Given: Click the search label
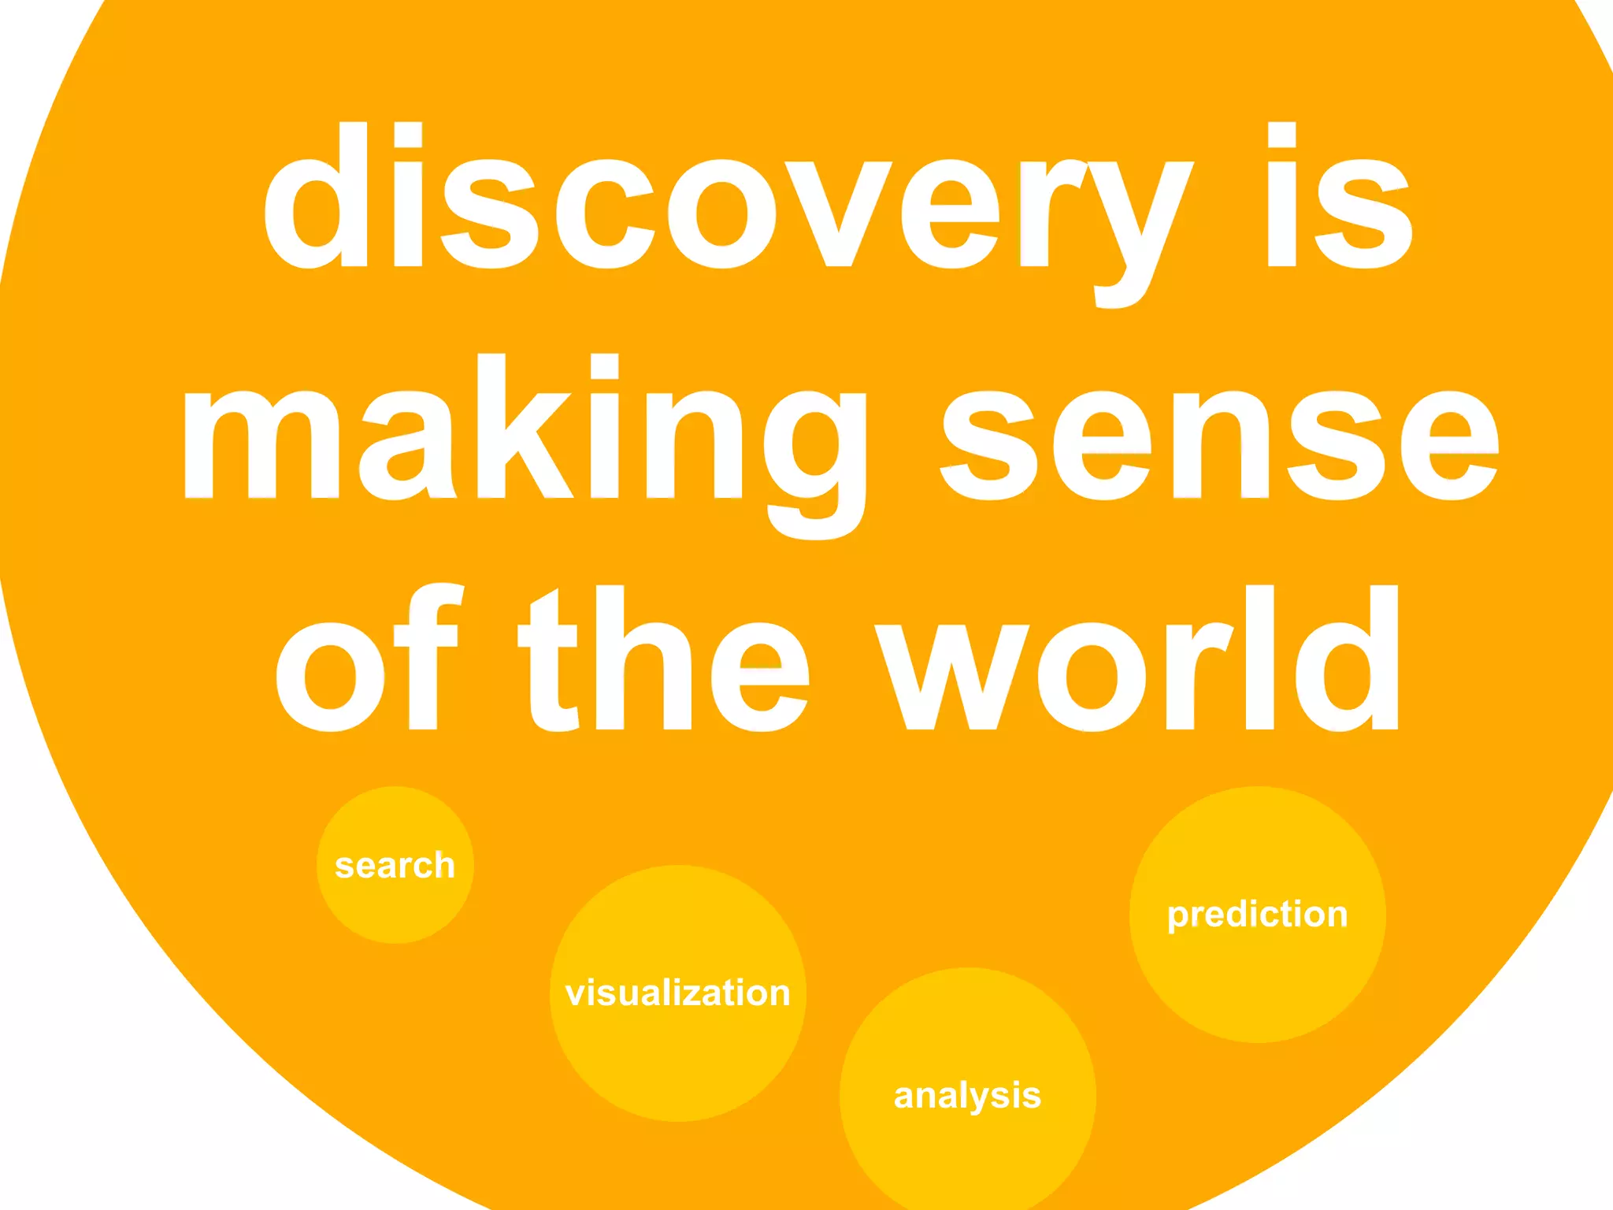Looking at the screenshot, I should [x=395, y=865].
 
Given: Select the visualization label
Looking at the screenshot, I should [x=677, y=993].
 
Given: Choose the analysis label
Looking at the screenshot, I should [x=967, y=1095].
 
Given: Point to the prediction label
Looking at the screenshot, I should [x=1257, y=914].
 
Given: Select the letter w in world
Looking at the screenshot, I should [x=953, y=677].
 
